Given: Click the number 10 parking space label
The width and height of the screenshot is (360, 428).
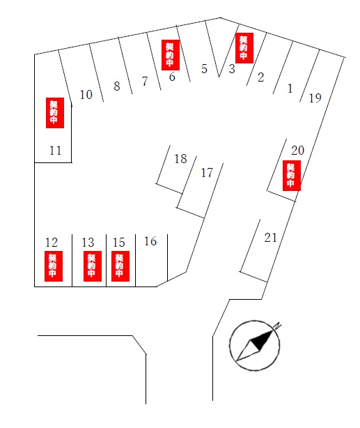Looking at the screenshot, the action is click(86, 95).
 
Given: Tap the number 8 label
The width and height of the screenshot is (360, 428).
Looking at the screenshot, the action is click(117, 86).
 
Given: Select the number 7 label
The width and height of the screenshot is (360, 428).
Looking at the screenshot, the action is click(145, 82).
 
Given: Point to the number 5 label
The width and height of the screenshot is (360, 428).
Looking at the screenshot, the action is click(204, 69).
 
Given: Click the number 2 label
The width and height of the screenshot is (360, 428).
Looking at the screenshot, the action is click(260, 77).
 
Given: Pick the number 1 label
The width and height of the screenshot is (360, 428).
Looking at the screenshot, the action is click(290, 89).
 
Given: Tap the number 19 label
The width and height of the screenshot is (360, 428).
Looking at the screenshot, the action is click(315, 98).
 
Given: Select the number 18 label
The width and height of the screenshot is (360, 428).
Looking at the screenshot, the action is click(180, 159).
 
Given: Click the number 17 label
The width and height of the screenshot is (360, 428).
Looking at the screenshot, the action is click(207, 173).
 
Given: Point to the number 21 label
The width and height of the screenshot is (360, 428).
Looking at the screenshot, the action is click(271, 238).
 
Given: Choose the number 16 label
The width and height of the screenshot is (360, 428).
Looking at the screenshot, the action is click(150, 241).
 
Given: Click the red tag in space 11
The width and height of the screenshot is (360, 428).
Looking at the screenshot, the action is click(55, 113).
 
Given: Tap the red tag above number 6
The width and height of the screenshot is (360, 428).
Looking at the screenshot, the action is click(171, 55).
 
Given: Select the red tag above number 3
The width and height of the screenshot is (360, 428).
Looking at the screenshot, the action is click(244, 48).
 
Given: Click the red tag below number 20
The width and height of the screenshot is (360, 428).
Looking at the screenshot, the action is click(292, 176).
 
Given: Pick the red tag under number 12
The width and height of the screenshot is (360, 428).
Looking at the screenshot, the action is click(54, 266).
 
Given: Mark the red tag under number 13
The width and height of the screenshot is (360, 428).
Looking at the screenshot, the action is click(93, 266).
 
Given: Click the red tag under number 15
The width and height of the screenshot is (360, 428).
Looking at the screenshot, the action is click(120, 266).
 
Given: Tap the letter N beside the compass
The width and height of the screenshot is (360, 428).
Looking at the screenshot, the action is click(278, 326).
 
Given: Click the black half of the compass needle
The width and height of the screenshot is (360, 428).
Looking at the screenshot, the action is click(262, 340).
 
